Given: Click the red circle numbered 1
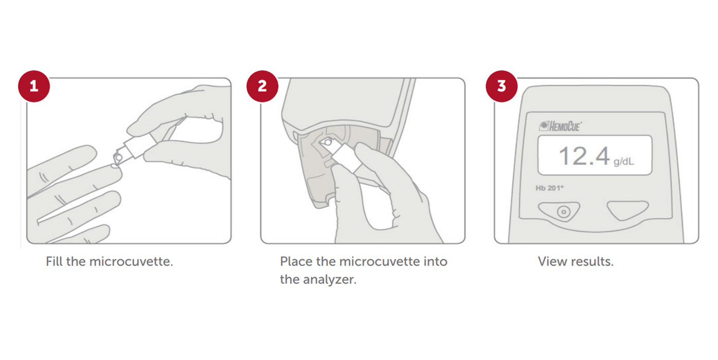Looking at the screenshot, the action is [34, 86].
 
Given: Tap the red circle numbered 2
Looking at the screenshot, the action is [262, 86].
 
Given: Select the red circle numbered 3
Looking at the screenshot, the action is [501, 86].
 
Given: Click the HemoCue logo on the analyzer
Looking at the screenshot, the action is [560, 127].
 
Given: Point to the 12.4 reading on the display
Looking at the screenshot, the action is [584, 156].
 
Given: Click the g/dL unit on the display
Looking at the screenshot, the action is [623, 161].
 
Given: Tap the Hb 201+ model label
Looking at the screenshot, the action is [549, 188].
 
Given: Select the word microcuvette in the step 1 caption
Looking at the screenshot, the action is [131, 262].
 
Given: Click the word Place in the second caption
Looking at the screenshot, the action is [296, 261].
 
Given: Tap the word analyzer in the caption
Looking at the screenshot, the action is [330, 280].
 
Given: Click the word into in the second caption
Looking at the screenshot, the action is [435, 261].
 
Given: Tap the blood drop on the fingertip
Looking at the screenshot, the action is [114, 166].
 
